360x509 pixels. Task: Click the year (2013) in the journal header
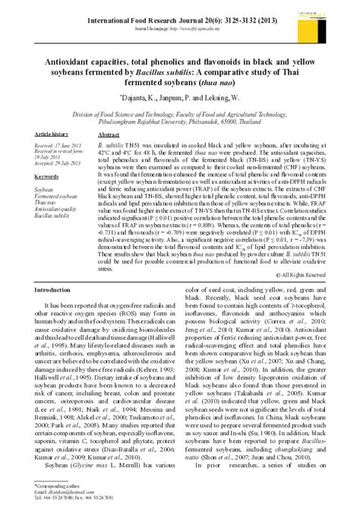click(x=257, y=14)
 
